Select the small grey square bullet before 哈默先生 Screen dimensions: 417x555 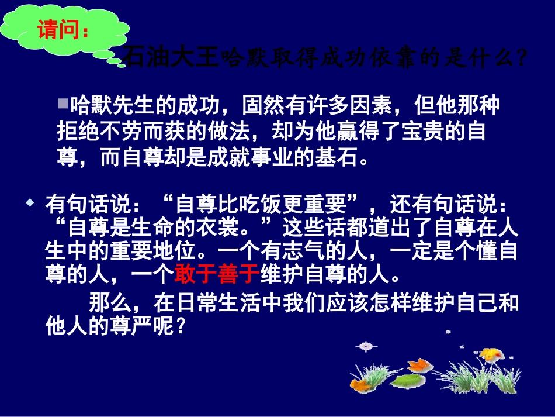pyautogui.click(x=63, y=104)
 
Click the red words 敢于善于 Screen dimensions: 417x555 pyautogui.click(x=217, y=273)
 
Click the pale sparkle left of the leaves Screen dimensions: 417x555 pyautogui.click(x=366, y=346)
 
